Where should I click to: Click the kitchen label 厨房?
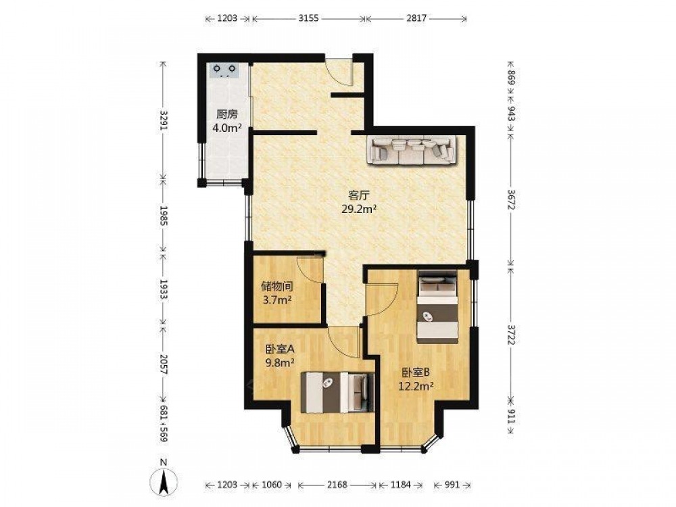[x=226, y=115]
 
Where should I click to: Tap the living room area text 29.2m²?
[x=359, y=210]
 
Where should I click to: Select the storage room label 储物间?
[x=277, y=286]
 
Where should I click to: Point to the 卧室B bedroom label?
[x=416, y=372]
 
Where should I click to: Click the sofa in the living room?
[x=411, y=150]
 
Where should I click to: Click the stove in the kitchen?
[x=224, y=70]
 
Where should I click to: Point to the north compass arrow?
[x=164, y=481]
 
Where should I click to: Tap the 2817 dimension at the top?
[x=416, y=18]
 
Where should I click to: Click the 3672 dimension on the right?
[x=511, y=199]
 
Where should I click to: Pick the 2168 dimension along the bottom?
[x=337, y=485]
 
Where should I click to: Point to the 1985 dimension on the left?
[x=163, y=216]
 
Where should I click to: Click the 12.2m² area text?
[x=416, y=386]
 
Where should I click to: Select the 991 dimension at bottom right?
[x=452, y=485]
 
